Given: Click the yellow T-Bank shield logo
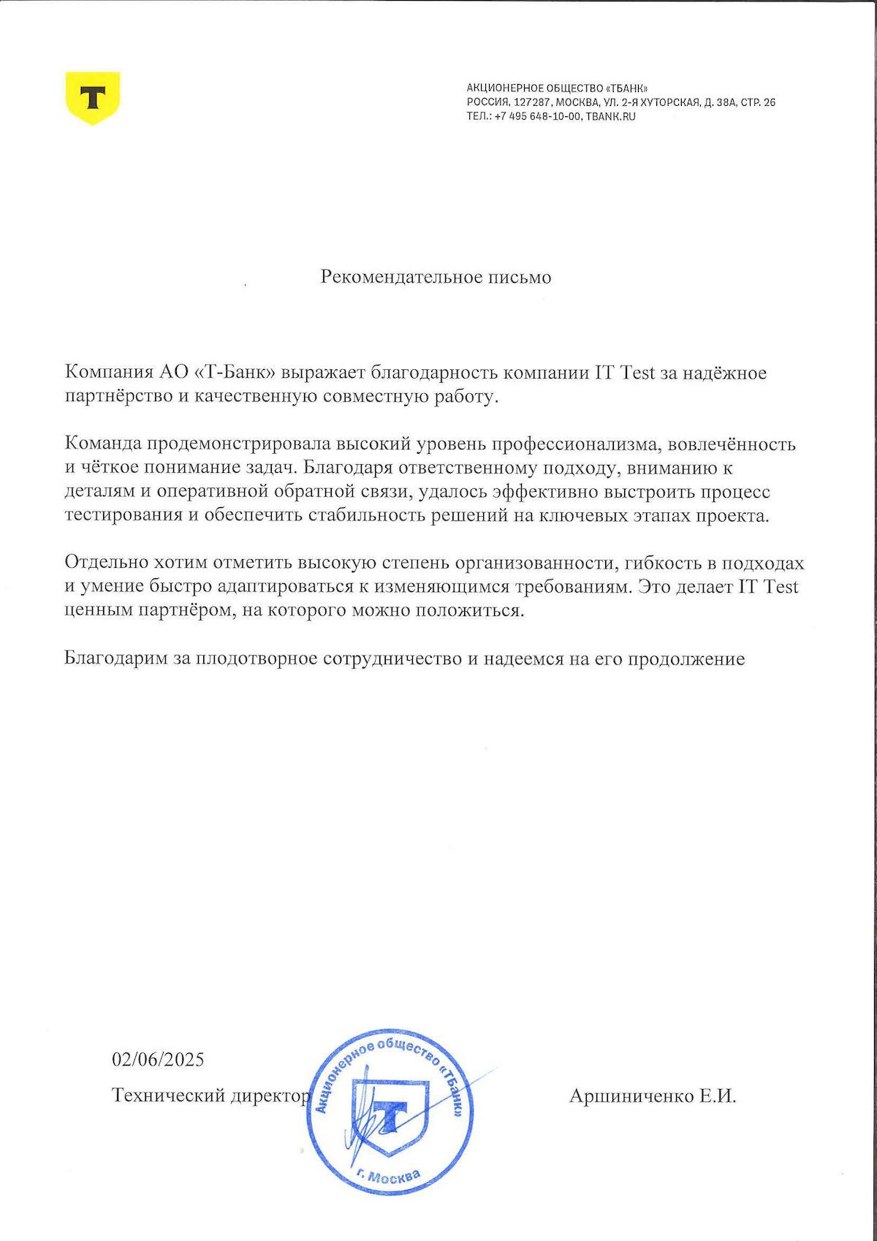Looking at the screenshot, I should pyautogui.click(x=93, y=97).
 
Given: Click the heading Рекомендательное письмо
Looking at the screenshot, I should pyautogui.click(x=436, y=278).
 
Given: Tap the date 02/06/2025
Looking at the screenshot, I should pyautogui.click(x=158, y=1060).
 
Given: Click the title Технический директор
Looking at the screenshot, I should pyautogui.click(x=210, y=1096).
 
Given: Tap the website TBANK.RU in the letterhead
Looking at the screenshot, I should pyautogui.click(x=610, y=116).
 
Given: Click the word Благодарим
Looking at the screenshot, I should pyautogui.click(x=116, y=659).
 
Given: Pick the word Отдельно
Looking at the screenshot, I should pyautogui.click(x=106, y=563).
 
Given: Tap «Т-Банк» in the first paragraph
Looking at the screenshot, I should pyautogui.click(x=235, y=373).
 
